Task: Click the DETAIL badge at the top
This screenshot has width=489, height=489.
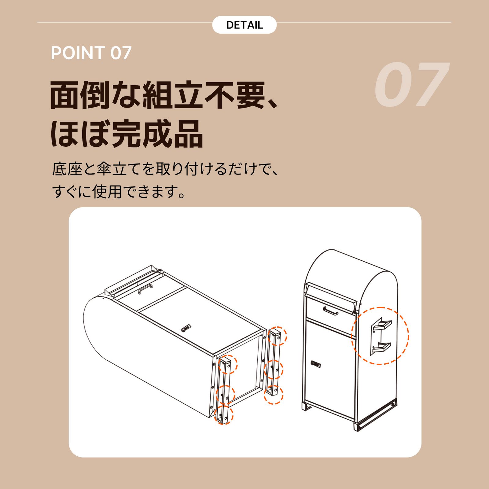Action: pos(244,25)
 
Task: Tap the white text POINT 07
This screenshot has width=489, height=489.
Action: pos(91,53)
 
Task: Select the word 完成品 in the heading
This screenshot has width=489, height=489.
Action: pos(157,134)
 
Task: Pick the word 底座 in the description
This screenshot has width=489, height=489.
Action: pos(67,169)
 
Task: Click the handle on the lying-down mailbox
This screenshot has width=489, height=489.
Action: pos(145,288)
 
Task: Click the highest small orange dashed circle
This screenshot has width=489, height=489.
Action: pos(278,336)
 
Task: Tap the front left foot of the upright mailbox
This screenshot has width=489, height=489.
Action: pos(306,407)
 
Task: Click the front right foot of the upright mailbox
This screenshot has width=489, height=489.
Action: pos(358,426)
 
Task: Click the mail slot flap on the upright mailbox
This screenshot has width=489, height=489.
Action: pos(332,295)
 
